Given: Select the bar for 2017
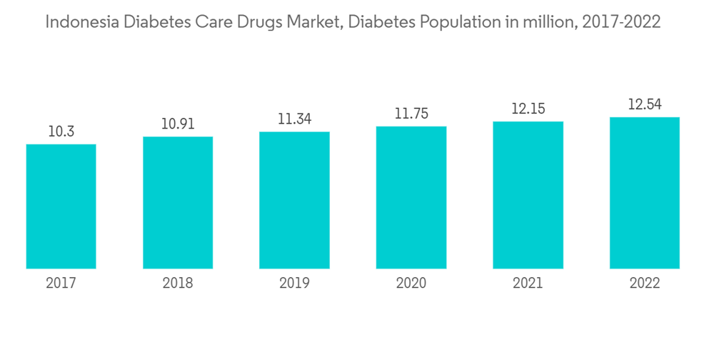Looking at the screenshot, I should click(x=61, y=206).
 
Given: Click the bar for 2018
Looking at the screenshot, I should click(x=178, y=203).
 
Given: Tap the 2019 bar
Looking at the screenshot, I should click(x=294, y=200).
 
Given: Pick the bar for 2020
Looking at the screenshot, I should click(x=411, y=198).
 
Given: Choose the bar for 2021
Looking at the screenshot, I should click(x=528, y=195).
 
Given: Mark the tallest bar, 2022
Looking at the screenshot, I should click(x=645, y=193).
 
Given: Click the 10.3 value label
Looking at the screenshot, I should click(x=61, y=132).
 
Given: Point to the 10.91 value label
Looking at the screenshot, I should click(x=178, y=124).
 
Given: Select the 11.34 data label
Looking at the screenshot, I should click(x=294, y=119).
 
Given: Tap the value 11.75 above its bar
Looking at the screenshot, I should click(x=411, y=114).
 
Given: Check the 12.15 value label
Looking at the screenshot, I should click(x=528, y=109).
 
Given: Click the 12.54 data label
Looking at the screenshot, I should click(x=645, y=105).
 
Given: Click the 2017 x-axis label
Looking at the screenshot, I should click(x=61, y=284).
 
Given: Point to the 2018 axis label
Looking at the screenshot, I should click(x=178, y=284).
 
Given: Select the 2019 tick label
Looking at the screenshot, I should click(x=294, y=284).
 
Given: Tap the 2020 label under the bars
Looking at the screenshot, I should click(x=411, y=284).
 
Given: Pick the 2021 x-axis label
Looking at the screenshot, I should click(x=528, y=284).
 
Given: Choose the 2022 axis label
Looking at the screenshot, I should click(x=645, y=284).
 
